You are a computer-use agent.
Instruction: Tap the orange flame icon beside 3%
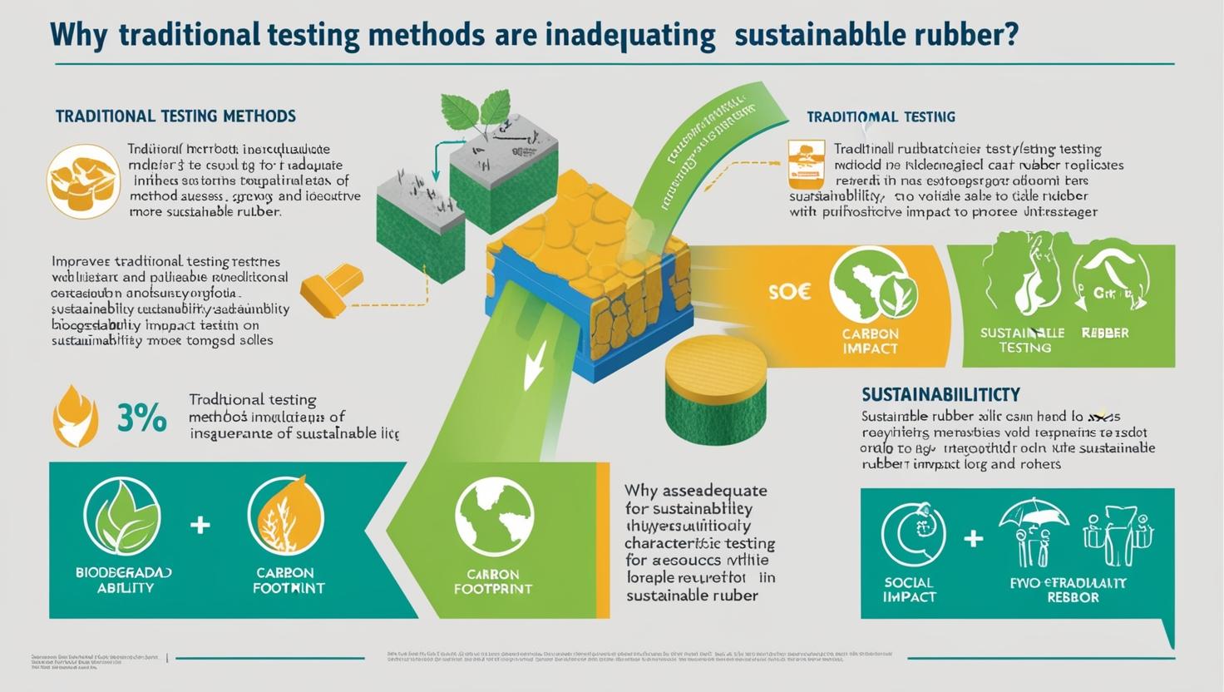75,415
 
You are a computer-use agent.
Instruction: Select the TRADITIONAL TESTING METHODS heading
175,116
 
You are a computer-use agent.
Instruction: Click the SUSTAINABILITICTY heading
940,394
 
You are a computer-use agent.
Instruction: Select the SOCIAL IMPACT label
909,590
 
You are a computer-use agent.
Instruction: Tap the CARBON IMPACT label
870,341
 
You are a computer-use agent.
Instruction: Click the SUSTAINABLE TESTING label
1022,340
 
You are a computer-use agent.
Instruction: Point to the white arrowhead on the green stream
533,367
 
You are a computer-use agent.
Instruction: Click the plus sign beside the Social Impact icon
973,539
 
